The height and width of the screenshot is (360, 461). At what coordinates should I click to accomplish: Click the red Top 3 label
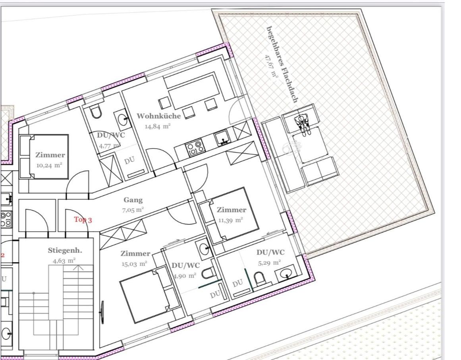point(83,220)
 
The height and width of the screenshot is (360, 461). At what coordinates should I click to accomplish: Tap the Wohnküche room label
point(159,116)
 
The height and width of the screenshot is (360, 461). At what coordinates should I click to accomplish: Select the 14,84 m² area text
point(158,126)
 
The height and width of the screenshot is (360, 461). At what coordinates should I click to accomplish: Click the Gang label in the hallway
point(133,200)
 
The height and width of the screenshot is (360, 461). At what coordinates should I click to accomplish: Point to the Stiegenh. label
point(65,251)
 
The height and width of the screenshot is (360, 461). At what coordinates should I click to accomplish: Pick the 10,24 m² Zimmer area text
point(49,165)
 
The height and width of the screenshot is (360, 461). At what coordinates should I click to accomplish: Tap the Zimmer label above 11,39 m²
point(231,210)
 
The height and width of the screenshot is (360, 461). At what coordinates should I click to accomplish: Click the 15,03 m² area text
point(134,264)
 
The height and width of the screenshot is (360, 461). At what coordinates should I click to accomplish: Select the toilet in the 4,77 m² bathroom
point(96,112)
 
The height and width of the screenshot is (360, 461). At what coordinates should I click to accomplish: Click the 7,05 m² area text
point(133,210)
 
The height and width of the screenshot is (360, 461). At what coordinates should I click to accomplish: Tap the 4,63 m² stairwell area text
point(64,261)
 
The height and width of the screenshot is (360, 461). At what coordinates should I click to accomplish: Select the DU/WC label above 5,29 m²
point(270,252)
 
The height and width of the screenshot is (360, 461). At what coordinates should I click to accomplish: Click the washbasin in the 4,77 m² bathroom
point(122,119)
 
